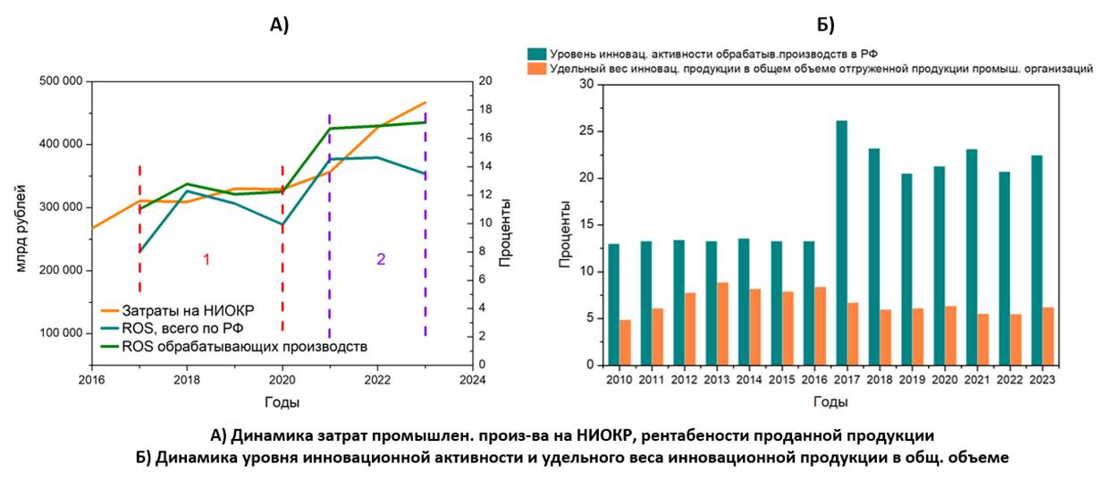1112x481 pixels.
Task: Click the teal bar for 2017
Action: (x=841, y=242)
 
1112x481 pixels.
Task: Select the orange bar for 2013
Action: (x=722, y=324)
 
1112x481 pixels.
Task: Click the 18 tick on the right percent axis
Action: (x=486, y=110)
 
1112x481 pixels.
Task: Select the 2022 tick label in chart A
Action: (x=377, y=379)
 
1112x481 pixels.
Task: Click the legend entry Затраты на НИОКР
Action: (x=189, y=310)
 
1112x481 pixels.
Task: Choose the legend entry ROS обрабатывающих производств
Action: (x=244, y=345)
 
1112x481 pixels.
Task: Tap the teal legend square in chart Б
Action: (x=536, y=54)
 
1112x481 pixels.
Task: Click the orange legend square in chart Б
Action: (x=536, y=68)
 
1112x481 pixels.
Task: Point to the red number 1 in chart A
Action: (x=206, y=259)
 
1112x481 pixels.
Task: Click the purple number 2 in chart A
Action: (x=381, y=259)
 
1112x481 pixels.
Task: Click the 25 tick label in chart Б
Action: (x=586, y=131)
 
